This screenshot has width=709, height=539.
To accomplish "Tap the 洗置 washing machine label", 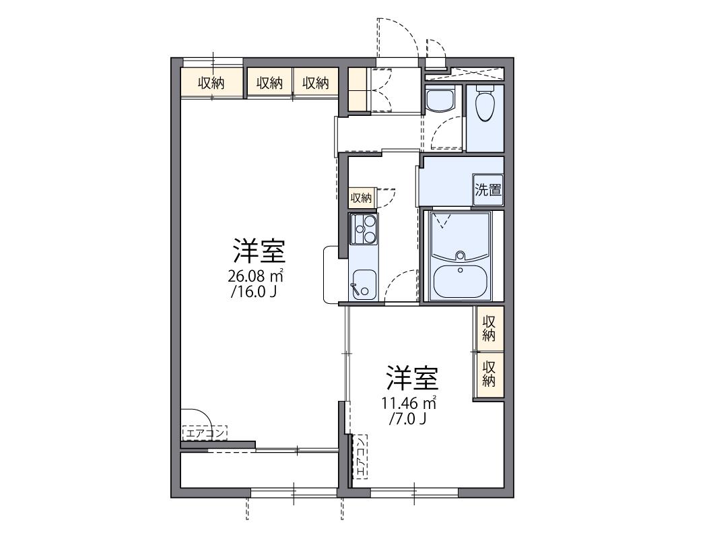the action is [488, 189].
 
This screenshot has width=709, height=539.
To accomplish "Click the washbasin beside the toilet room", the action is [440, 99].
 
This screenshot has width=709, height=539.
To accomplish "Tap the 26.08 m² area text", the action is [255, 275].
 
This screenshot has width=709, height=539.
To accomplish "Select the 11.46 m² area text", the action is [409, 402].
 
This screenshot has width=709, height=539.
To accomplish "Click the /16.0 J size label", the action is [253, 292].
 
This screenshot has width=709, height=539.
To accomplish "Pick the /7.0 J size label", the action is [407, 419].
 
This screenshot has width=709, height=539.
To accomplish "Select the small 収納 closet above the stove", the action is [362, 198].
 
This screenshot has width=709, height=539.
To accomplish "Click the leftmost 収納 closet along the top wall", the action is [211, 82].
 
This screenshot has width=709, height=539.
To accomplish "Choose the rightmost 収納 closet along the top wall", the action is [316, 82].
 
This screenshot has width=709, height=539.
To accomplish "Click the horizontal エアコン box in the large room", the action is [205, 433].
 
